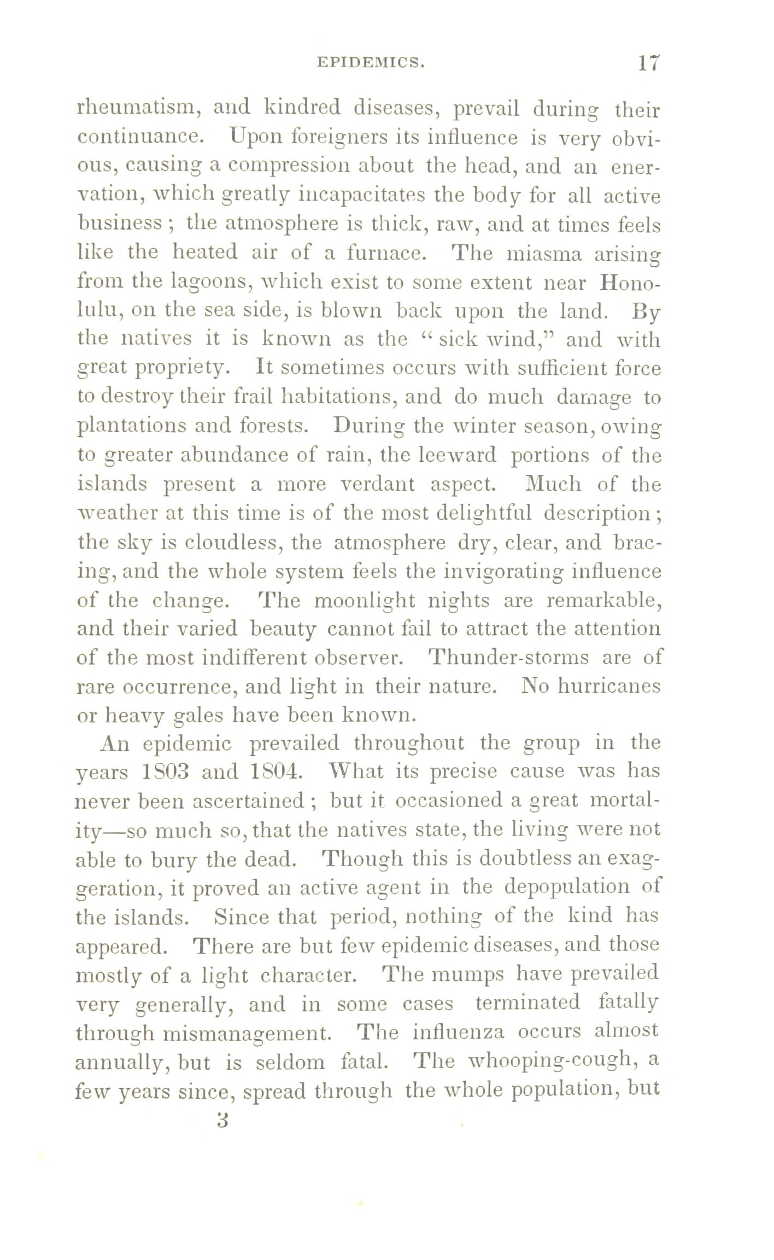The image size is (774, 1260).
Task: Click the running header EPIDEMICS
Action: [370, 63]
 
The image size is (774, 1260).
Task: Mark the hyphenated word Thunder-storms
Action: [509, 657]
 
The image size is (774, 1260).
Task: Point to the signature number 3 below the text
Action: [221, 1121]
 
